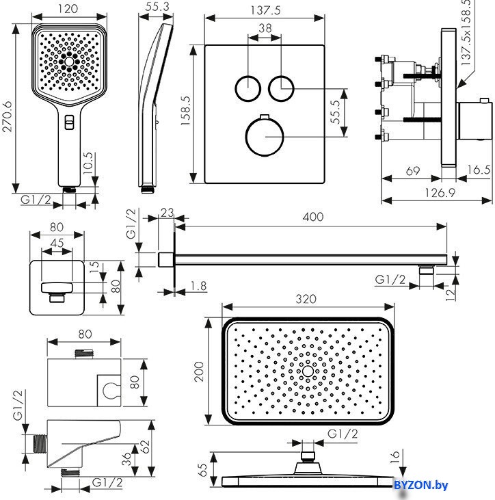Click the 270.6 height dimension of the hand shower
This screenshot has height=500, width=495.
[6, 109]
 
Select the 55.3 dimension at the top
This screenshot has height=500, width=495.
[158, 6]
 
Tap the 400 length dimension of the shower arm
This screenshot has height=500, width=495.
[312, 217]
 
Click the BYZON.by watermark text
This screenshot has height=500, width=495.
[421, 486]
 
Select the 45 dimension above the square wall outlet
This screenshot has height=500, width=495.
[57, 243]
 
